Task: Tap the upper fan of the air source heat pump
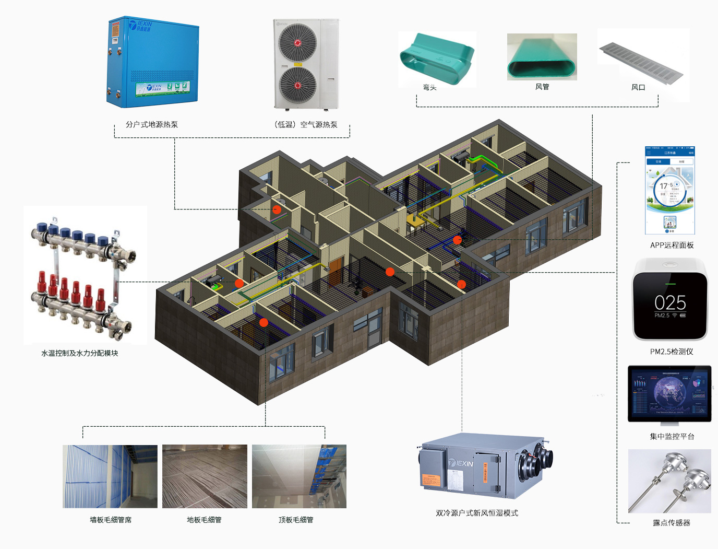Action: click(297, 43)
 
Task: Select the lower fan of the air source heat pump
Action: click(297, 85)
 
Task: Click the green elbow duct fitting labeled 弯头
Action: click(437, 57)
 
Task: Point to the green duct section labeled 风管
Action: click(542, 57)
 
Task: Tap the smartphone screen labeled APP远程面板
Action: click(670, 191)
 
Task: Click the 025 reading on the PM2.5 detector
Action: click(670, 302)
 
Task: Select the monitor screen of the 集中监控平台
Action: click(669, 393)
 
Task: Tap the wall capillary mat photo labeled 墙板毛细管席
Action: click(110, 476)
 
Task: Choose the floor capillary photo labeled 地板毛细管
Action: click(205, 476)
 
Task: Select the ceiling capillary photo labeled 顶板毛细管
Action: click(299, 476)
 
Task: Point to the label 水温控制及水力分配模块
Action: click(80, 353)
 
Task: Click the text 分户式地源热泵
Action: click(152, 124)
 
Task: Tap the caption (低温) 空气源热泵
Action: click(306, 124)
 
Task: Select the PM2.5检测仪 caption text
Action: click(672, 352)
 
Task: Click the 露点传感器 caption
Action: click(672, 522)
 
